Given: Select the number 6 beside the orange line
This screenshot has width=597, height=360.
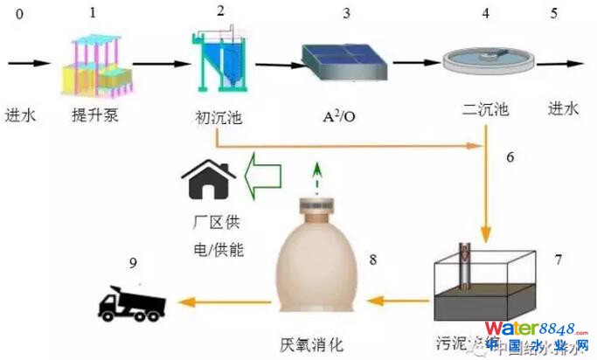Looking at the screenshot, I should pyautogui.click(x=510, y=157).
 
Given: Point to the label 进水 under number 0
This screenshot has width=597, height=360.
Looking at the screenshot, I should pyautogui.click(x=21, y=114).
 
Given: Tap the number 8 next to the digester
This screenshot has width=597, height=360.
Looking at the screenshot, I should pyautogui.click(x=373, y=260).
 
